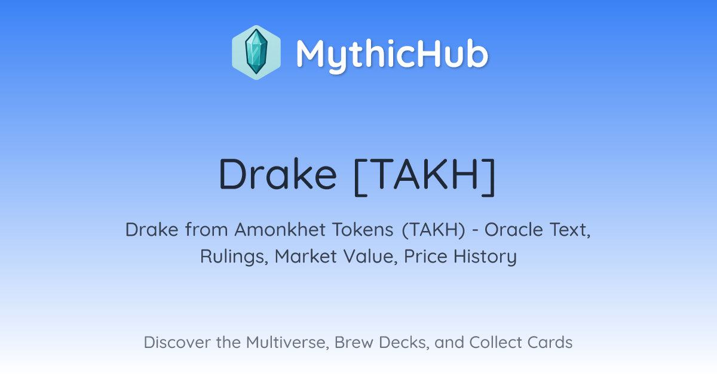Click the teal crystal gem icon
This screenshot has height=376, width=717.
tap(256, 53)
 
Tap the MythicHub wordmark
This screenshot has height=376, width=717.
tap(392, 54)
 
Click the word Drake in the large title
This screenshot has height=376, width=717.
tap(278, 174)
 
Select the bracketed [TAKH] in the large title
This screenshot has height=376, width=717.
tap(425, 177)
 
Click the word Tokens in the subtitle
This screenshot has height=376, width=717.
tap(363, 230)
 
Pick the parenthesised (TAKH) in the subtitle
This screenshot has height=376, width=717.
tap(433, 230)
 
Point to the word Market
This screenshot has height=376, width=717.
tap(306, 257)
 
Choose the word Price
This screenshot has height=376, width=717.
tap(425, 257)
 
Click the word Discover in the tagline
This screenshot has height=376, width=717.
tap(177, 343)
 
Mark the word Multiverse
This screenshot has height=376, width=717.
tap(287, 343)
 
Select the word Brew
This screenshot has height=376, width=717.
tap(354, 343)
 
